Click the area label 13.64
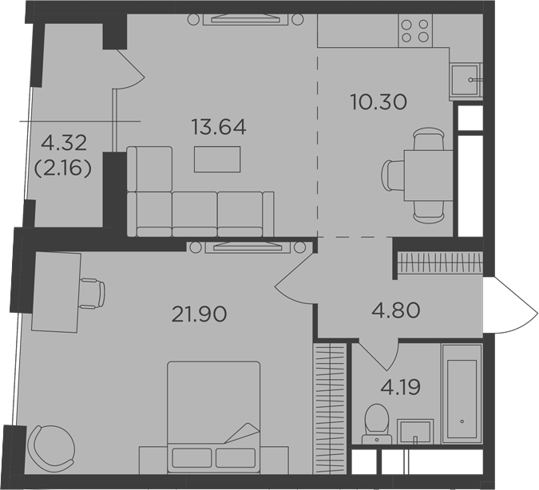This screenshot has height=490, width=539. click(218, 126)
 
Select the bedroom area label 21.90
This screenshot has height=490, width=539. click(200, 314)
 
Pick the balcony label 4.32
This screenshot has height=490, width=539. click(64, 144)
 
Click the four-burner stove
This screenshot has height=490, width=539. click(414, 30)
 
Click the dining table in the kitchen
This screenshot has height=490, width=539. click(421, 172)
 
